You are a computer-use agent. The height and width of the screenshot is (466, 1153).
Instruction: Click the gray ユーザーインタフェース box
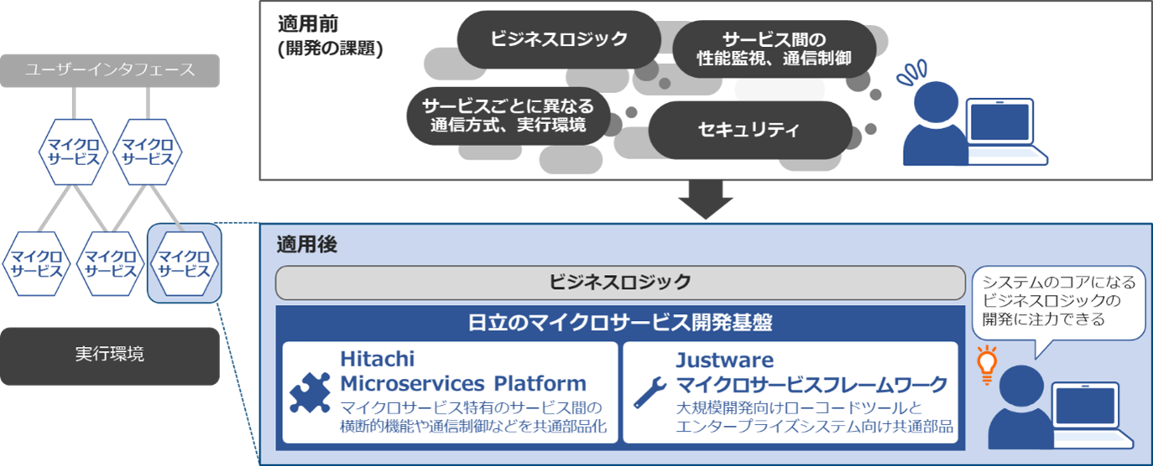(x=110, y=70)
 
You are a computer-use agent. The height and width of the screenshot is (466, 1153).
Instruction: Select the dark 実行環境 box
(x=110, y=355)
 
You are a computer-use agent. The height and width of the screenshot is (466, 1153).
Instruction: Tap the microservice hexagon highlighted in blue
(x=184, y=261)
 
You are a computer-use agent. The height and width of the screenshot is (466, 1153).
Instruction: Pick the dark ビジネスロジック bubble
(x=558, y=39)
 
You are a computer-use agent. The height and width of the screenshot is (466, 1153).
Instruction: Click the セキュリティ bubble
(x=749, y=130)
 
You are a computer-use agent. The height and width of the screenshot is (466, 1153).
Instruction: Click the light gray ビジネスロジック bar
(x=620, y=282)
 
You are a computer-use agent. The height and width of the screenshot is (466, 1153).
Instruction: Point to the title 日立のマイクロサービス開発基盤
(x=620, y=322)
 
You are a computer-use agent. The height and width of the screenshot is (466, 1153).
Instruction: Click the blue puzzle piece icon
(x=310, y=392)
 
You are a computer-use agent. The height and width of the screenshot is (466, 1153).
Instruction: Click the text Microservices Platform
(x=463, y=384)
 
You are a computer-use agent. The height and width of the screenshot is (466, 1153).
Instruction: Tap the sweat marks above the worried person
(x=911, y=73)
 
